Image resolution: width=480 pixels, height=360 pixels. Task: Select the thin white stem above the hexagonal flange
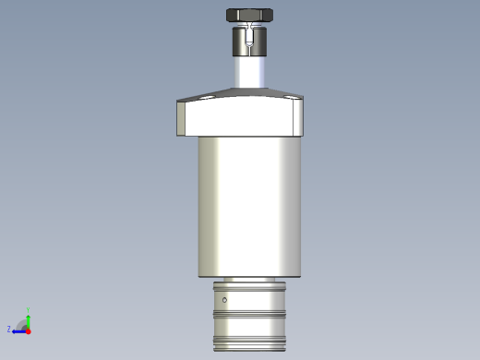[x=249, y=72]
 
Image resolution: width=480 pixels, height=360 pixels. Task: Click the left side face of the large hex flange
[x=181, y=117]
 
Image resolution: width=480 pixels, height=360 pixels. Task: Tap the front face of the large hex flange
[x=240, y=118]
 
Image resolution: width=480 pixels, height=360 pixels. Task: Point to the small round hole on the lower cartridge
[x=224, y=299]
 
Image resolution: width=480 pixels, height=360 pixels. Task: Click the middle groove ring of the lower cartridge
[x=250, y=315]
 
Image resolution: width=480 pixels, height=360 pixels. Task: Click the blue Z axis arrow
[x=18, y=330]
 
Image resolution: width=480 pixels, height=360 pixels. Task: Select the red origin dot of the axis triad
[x=28, y=330]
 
